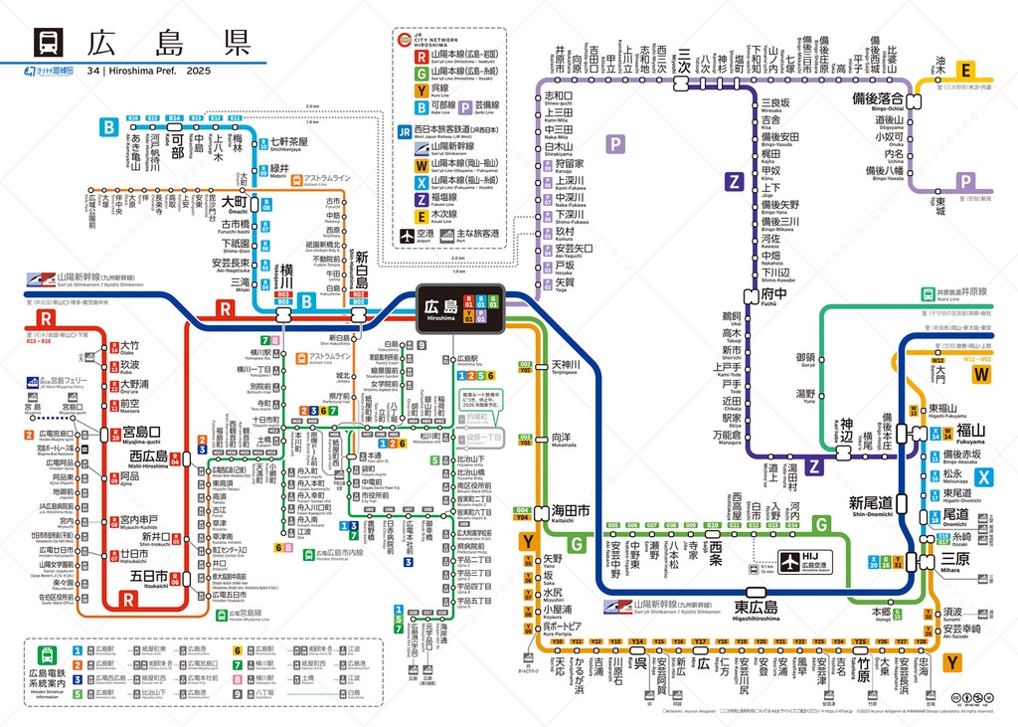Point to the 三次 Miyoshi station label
pyautogui.click(x=682, y=56)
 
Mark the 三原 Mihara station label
pyautogui.click(x=956, y=559)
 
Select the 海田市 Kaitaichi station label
pyautogui.click(x=570, y=509)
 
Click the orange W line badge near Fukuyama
pyautogui.click(x=982, y=374)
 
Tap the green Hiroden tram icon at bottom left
pyautogui.click(x=47, y=655)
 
